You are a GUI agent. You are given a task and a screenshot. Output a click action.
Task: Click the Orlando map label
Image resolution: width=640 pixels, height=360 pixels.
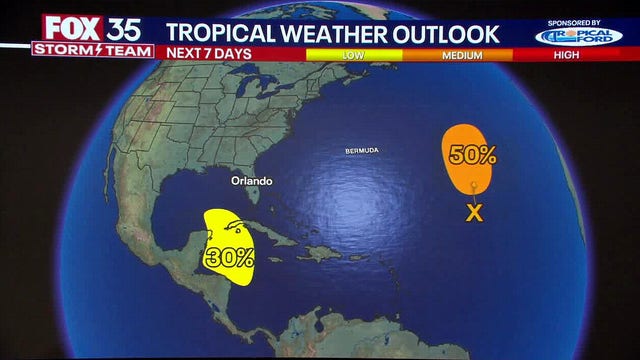click(x=250, y=181)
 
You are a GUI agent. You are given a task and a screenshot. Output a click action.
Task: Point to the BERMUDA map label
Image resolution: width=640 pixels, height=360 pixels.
click(x=361, y=150)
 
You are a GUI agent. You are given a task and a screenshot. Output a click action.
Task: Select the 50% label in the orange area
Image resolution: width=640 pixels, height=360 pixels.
click(x=471, y=155)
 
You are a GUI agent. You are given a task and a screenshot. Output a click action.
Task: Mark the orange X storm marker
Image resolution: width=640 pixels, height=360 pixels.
click(x=475, y=211)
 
